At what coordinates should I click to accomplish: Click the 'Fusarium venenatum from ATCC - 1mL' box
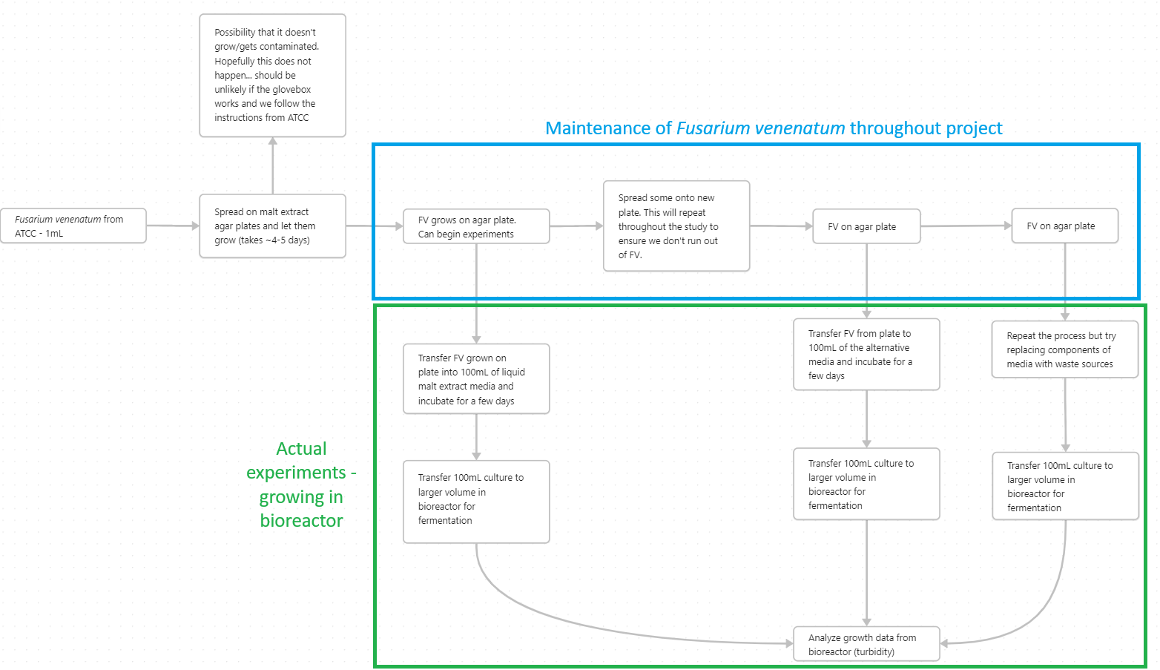[73, 226]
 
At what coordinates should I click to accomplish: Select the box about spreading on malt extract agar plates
[272, 226]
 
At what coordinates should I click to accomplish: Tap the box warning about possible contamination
[272, 75]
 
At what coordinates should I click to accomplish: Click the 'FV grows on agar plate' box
[475, 226]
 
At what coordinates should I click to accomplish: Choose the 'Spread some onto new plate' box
[676, 226]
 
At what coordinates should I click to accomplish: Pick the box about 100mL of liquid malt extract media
[475, 378]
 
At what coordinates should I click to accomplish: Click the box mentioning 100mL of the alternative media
[866, 354]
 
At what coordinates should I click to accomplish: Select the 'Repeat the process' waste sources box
[1064, 349]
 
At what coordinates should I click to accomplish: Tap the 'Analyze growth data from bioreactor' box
[866, 644]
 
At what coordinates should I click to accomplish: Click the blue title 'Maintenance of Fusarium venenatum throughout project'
[773, 128]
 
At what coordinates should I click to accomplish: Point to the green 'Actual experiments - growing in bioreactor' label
[301, 484]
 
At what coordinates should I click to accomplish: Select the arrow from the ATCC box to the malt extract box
[173, 226]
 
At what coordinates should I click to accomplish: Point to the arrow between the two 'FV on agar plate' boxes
[966, 226]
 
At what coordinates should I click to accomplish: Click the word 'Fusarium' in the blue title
[713, 128]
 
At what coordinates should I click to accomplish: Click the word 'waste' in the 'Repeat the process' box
[1065, 364]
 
